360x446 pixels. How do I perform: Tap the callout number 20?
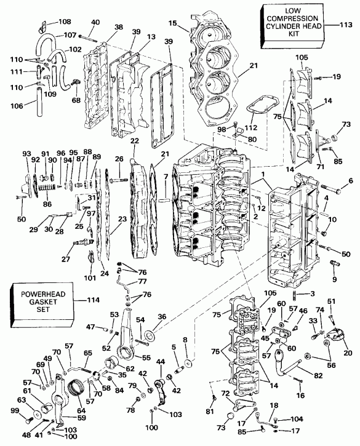click(x=347, y=354)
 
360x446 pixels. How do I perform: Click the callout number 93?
click(x=26, y=153)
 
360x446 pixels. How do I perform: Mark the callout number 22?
click(x=135, y=141)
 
